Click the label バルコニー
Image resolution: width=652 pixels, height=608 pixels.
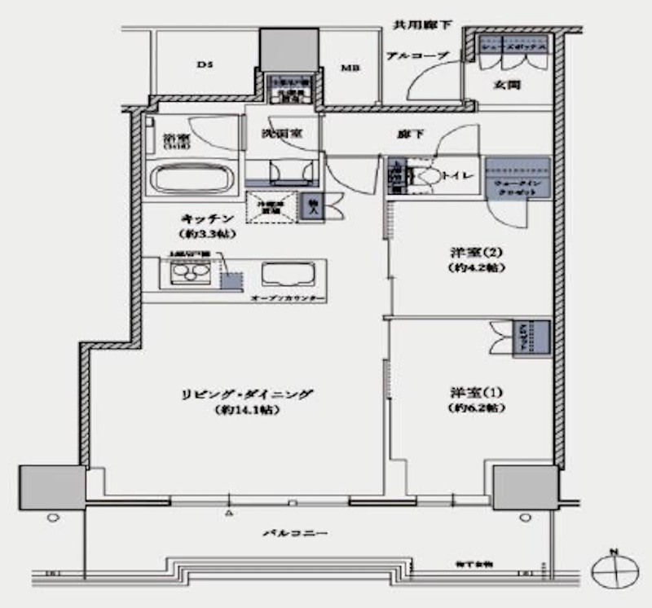click(x=294, y=533)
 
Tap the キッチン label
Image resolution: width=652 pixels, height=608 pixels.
click(x=208, y=218)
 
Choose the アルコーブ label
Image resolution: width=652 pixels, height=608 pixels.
click(x=416, y=55)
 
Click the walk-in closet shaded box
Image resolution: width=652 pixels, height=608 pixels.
click(x=518, y=177)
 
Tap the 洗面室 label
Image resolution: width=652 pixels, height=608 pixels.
click(x=282, y=132)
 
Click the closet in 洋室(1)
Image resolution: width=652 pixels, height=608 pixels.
click(x=529, y=337)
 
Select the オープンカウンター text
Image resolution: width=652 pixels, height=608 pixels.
click(x=289, y=299)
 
